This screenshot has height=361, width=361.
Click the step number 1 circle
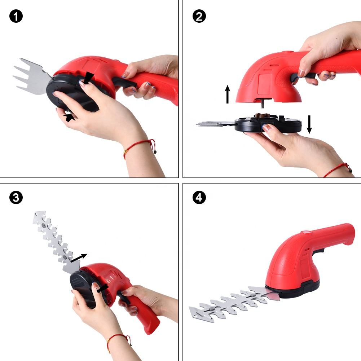(x=16, y=16)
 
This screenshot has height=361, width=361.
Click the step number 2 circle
(x=199, y=16)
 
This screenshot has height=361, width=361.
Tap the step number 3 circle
(x=16, y=198)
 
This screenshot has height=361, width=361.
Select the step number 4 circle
(x=199, y=198)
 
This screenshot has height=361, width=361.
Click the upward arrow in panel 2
(x=228, y=94)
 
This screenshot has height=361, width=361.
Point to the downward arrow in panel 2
(x=309, y=124)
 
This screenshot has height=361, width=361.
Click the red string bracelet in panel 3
(x=119, y=342)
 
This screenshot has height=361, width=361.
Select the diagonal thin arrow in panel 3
(x=79, y=258)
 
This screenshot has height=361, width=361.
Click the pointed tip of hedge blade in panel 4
(x=189, y=308)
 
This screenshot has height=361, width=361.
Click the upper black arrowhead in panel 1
(x=88, y=78)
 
